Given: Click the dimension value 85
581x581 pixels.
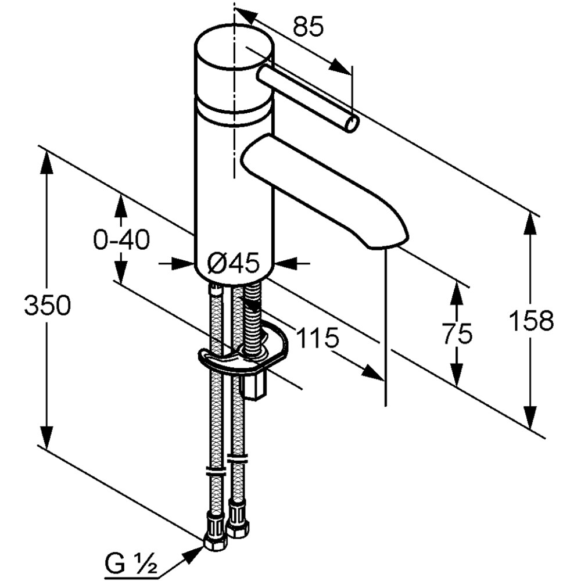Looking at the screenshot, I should (x=307, y=27).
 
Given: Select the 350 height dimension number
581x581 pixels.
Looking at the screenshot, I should (x=47, y=306).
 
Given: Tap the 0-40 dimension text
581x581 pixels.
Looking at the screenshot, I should (x=121, y=239).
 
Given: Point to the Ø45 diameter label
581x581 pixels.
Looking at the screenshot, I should (x=232, y=264).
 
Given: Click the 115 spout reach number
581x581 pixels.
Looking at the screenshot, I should (x=317, y=338).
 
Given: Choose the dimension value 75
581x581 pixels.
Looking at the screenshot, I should (x=457, y=334).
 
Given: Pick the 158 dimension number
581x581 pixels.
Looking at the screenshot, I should (x=531, y=321).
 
